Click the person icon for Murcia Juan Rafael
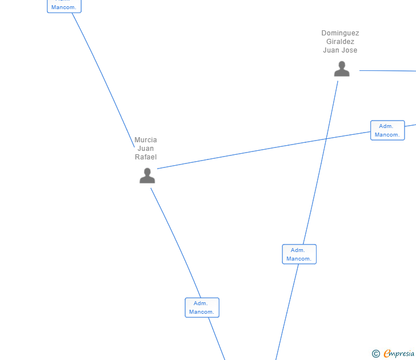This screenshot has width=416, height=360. tap(147, 176)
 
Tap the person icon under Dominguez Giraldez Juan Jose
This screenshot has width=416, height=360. tap(342, 69)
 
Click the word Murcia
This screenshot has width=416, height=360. tap(146, 140)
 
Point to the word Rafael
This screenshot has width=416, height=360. tap(146, 157)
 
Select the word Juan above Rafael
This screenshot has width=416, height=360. tap(146, 149)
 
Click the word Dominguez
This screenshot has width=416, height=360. tap(340, 33)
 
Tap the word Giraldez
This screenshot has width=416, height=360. tap(340, 42)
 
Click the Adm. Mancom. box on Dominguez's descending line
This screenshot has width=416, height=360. tap(299, 254)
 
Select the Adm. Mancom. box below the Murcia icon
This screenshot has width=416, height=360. tap(202, 307)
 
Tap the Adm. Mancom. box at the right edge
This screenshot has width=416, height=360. tap(387, 130)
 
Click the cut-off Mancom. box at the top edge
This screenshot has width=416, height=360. tap(64, 6)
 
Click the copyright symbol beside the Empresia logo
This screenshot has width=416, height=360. tap(375, 354)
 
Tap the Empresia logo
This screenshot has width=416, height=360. tap(399, 354)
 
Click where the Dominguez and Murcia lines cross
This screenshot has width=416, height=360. tap(326, 139)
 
